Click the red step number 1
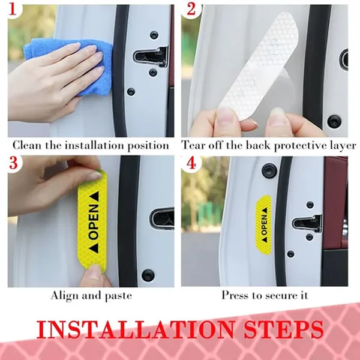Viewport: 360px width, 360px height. [13, 10]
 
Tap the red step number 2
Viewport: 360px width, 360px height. [191, 10]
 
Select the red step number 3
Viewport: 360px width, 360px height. [13, 163]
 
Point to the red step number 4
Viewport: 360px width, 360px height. [191, 163]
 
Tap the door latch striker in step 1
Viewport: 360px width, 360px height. [151, 56]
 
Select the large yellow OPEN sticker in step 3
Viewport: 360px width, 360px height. [93, 221]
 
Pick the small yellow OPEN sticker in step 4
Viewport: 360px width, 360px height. [263, 225]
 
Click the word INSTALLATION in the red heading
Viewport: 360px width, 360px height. [135, 329]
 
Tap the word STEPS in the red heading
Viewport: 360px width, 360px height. [284, 329]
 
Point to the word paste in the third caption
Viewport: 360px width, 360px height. [118, 296]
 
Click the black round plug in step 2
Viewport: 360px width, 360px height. [334, 121]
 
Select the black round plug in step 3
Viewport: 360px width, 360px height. [148, 275]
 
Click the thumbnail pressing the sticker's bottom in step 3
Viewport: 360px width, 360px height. [93, 271]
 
